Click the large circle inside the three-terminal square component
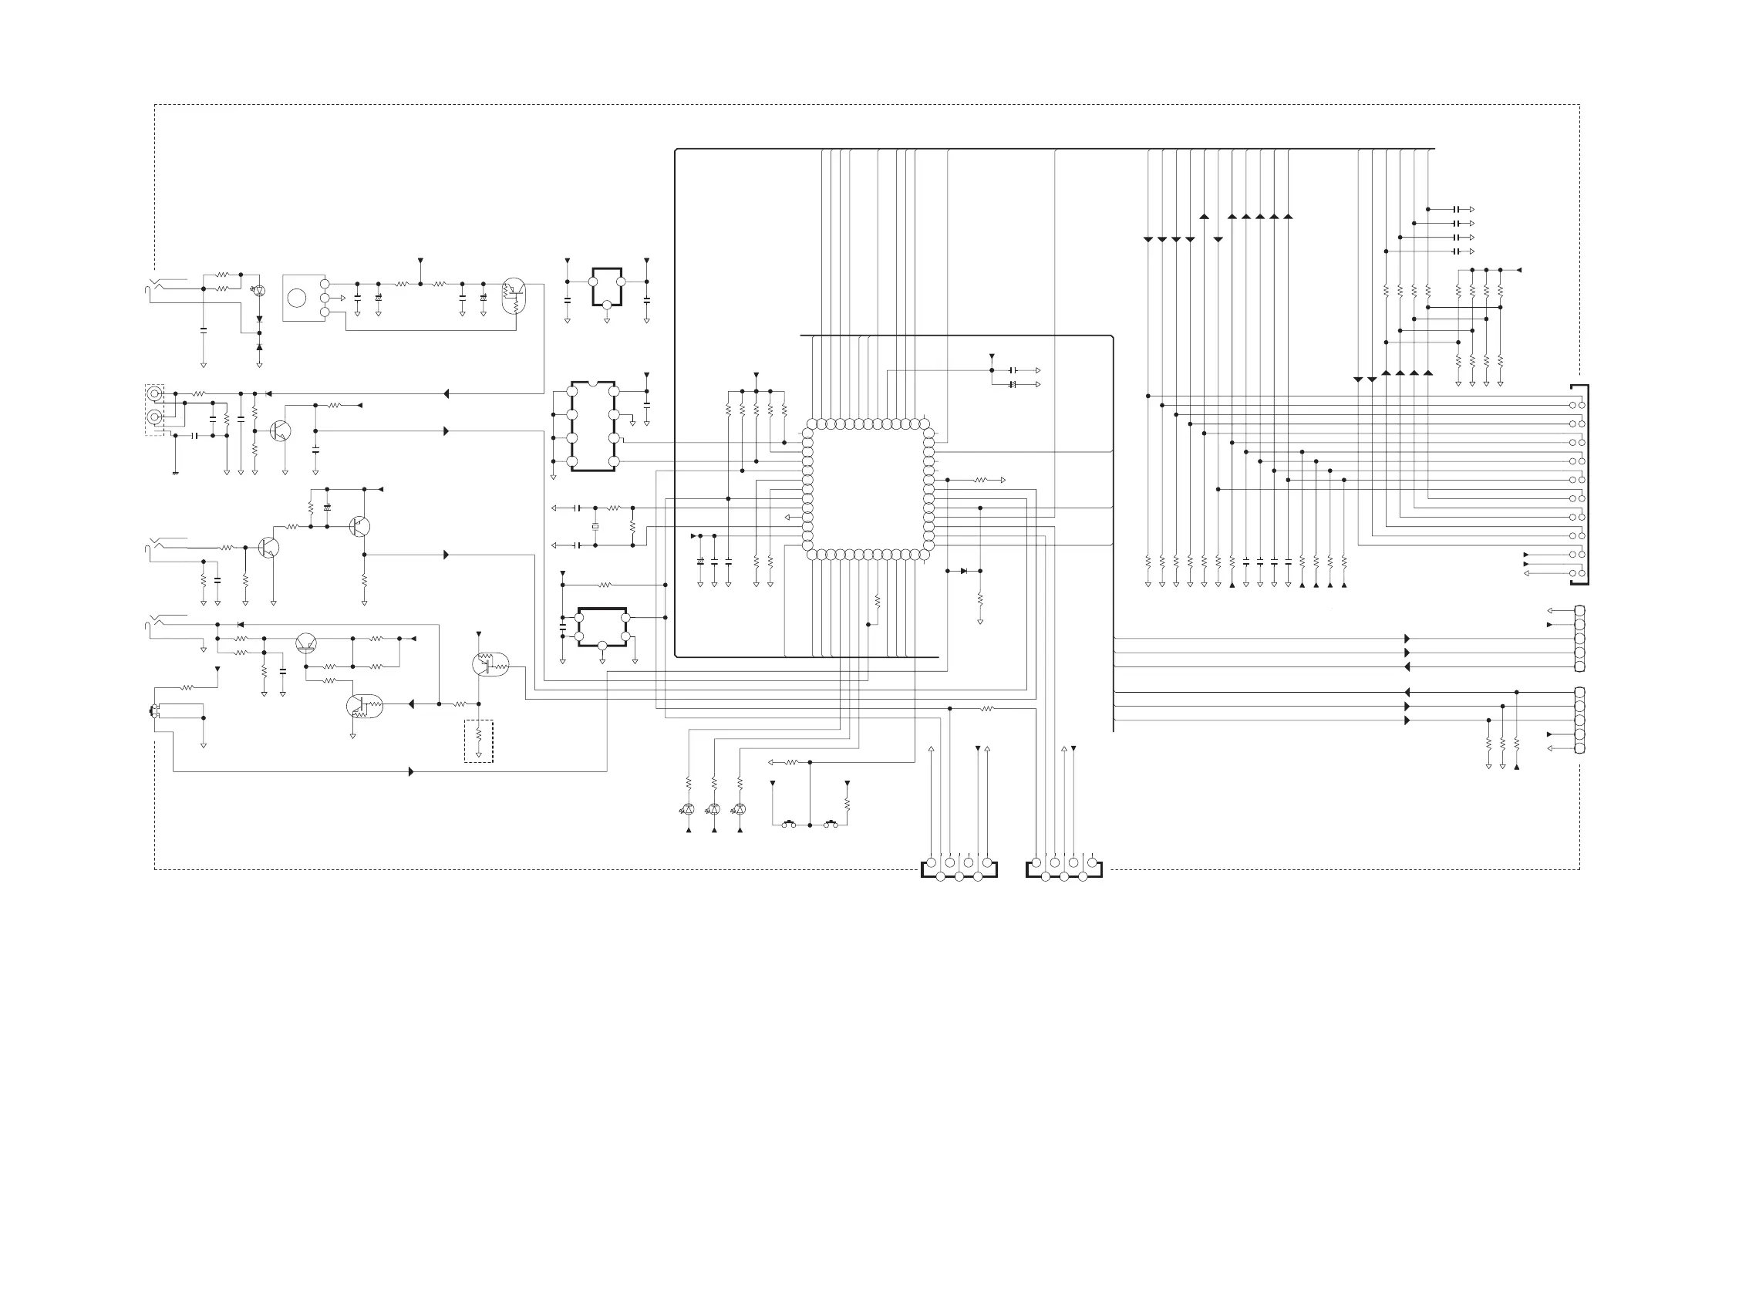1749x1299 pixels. (296, 298)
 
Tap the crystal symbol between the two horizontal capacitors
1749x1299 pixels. (595, 526)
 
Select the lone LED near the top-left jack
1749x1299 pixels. (259, 291)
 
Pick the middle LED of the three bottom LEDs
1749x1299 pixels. (714, 809)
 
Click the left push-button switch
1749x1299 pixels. (789, 824)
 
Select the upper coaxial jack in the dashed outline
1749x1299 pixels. (156, 393)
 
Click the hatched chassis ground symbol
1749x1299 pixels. (174, 473)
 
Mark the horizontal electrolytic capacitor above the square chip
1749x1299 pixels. (1013, 384)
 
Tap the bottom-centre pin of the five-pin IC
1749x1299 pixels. (602, 646)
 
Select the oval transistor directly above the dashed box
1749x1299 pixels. (490, 665)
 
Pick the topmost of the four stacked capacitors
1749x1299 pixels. (1456, 209)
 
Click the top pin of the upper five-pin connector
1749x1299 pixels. (1579, 611)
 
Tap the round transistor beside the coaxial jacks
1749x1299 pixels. (280, 431)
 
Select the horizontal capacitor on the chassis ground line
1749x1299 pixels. (194, 435)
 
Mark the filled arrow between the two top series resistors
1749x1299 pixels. (420, 260)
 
